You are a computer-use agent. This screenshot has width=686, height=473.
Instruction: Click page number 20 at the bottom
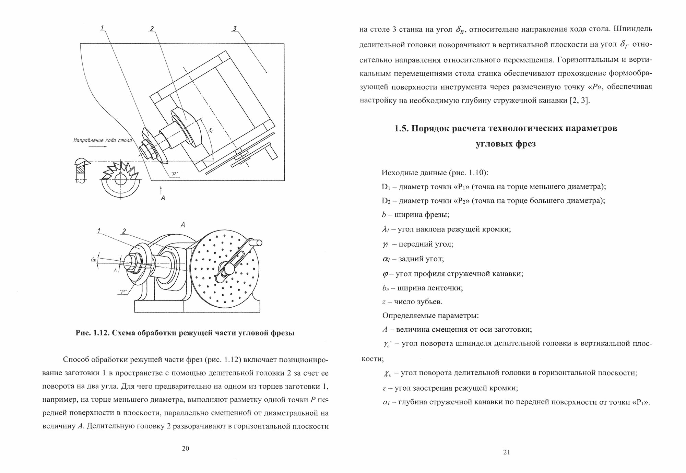point(185,449)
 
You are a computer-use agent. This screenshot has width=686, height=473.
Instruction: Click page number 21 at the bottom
point(507,452)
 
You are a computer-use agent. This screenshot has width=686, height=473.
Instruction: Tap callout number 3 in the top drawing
point(235,29)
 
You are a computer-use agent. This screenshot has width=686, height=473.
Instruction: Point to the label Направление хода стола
point(102,140)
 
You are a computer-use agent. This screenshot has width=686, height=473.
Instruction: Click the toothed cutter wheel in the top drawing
point(120,180)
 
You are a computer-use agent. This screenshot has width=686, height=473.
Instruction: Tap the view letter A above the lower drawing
point(183,225)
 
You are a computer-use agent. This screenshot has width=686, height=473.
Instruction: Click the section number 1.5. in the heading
point(402,129)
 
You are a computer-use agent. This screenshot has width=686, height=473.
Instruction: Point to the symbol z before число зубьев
point(384,302)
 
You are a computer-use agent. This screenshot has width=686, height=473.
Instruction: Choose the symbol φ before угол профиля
point(385,274)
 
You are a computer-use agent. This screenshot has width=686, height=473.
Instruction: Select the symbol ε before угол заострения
point(385,388)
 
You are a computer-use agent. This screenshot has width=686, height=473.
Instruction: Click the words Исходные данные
point(411,172)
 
